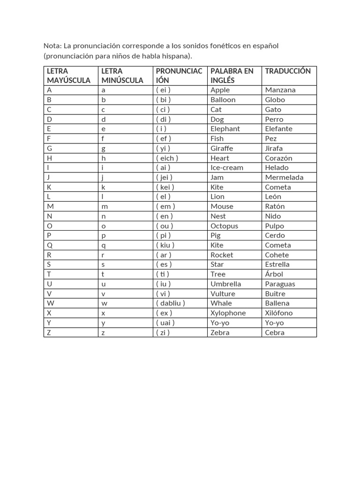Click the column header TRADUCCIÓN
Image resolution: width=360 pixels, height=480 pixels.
288,71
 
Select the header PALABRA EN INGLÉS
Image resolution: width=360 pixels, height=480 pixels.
232,75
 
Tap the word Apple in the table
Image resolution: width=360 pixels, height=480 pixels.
220,90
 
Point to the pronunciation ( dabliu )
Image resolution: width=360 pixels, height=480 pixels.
170,303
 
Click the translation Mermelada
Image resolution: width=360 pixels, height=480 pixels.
284,177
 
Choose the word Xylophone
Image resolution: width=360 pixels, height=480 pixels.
228,313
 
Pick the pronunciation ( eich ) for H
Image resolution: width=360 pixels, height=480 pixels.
167,158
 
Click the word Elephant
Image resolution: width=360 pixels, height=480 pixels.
225,129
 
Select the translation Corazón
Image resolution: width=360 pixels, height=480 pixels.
278,158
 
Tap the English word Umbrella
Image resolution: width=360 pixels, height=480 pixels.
225,284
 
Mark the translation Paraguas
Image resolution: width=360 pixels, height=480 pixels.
280,284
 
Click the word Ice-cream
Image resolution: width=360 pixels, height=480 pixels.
227,168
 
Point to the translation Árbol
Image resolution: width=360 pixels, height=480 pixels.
274,274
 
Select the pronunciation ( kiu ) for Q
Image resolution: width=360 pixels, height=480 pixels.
165,245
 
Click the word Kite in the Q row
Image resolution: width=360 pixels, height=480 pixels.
217,245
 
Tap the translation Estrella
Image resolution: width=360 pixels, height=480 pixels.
277,264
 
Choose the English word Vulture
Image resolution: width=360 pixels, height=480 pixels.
223,294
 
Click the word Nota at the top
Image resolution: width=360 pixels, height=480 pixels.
52,46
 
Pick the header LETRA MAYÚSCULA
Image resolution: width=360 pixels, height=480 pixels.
68,75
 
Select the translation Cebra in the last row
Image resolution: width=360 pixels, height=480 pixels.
275,333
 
